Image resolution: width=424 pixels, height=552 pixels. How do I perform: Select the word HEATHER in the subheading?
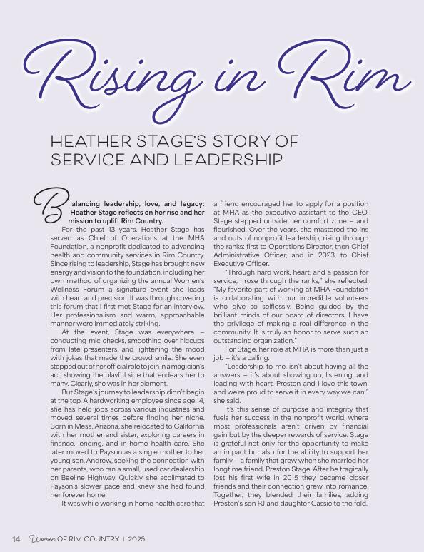pyautogui.click(x=91, y=140)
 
